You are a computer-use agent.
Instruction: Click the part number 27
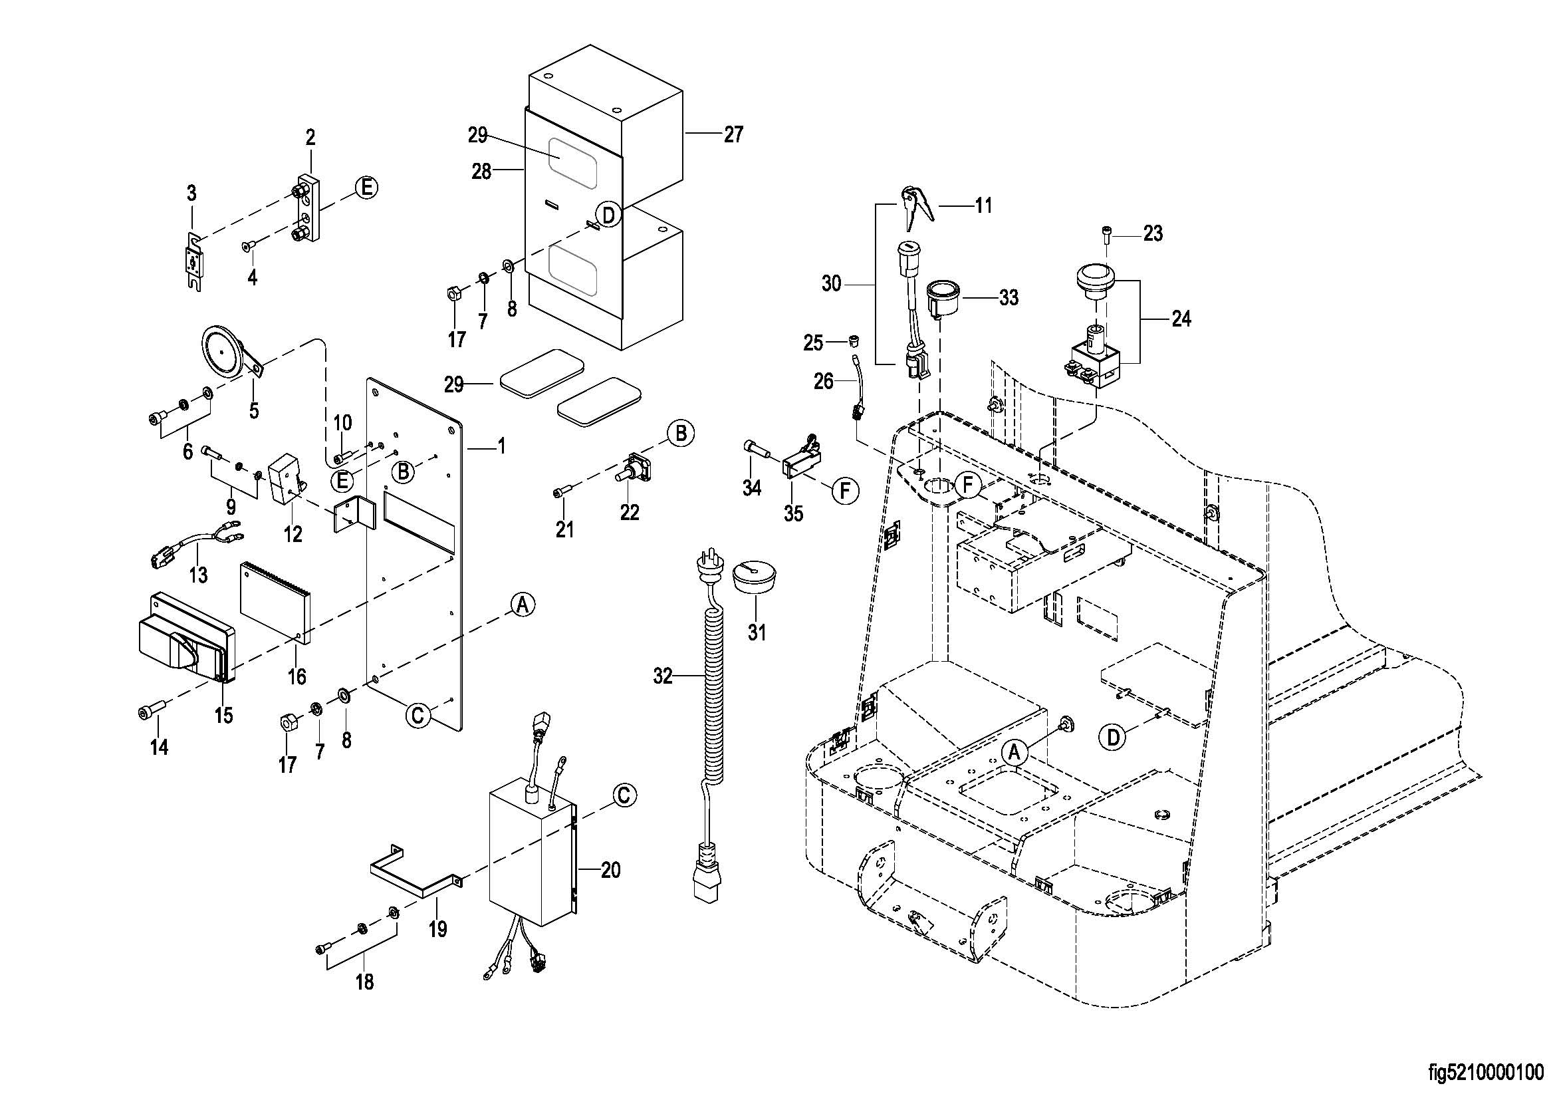[x=733, y=135]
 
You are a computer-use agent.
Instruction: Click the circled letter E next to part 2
[x=366, y=188]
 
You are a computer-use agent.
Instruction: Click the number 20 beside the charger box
[x=610, y=870]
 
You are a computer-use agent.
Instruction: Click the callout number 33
[x=1009, y=297]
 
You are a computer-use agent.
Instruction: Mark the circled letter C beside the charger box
[x=624, y=796]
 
